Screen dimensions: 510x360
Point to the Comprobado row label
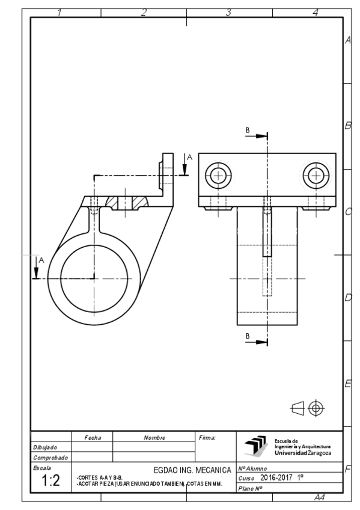click(48, 458)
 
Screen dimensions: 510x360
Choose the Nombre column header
click(154, 437)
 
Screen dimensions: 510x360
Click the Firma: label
click(206, 437)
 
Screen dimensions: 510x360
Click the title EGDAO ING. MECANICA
click(192, 467)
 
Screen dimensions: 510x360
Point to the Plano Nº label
click(250, 487)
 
